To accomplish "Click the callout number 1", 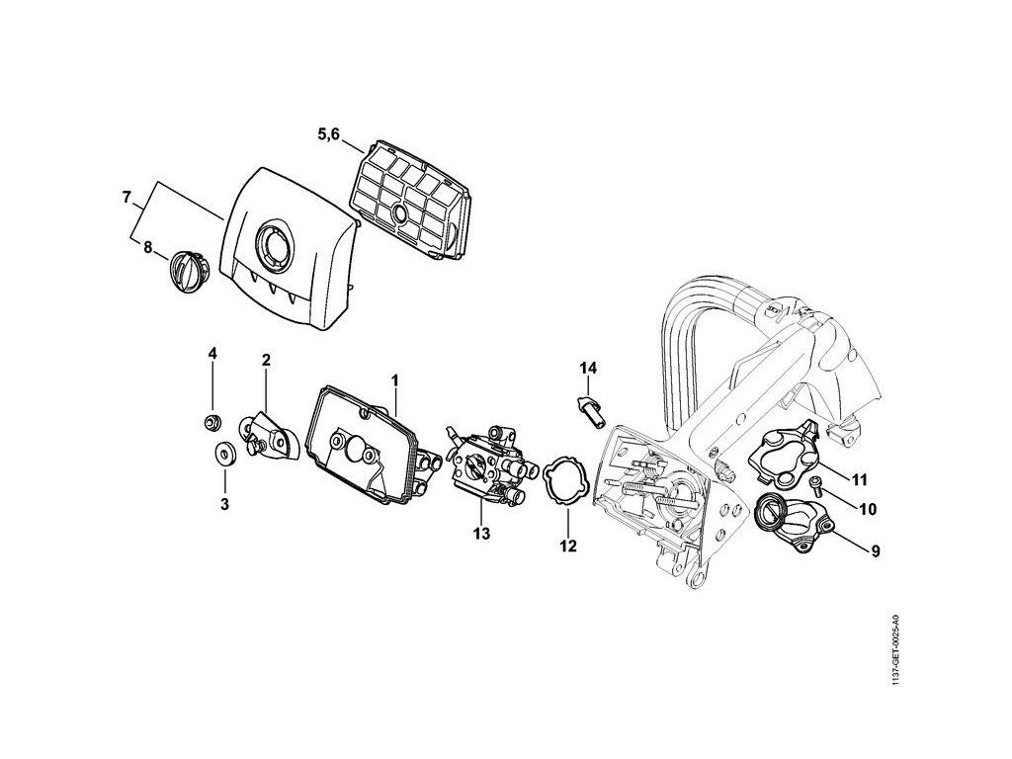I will click(394, 379).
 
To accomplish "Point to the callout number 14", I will click(588, 368).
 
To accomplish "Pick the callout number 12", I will click(568, 545).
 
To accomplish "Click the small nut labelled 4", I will click(211, 424).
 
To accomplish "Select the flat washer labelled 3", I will click(223, 455).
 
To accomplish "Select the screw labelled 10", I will click(816, 483).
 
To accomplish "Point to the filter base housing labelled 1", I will click(355, 445).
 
